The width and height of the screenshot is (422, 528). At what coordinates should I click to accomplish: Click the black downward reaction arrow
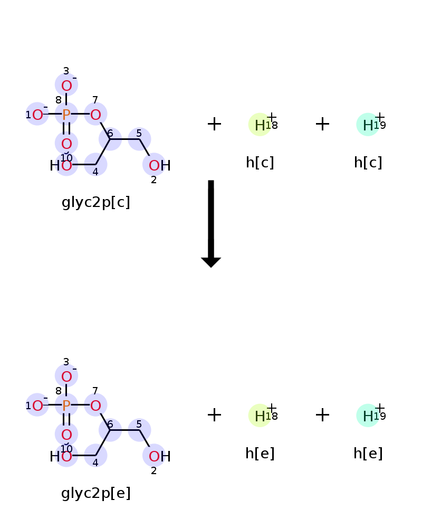(211, 223)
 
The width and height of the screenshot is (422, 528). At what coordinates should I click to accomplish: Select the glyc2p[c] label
(96, 202)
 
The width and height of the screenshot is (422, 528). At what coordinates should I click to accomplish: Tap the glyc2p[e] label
(96, 493)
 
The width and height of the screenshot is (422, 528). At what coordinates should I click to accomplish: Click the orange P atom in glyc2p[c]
(66, 115)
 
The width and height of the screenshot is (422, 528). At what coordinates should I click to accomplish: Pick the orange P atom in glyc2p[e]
(66, 406)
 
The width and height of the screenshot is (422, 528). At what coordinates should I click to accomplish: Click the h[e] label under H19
(368, 454)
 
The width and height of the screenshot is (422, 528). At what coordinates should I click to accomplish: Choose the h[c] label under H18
(260, 163)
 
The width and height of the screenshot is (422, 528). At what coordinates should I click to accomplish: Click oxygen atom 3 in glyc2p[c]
(66, 86)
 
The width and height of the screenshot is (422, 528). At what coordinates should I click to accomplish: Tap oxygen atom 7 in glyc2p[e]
(95, 406)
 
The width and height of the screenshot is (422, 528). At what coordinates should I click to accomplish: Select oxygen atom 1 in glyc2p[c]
(37, 115)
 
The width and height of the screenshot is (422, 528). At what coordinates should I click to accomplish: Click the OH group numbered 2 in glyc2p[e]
(159, 456)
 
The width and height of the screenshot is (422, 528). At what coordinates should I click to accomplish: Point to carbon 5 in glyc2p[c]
(139, 139)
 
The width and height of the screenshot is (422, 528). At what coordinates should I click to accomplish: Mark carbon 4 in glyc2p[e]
(95, 456)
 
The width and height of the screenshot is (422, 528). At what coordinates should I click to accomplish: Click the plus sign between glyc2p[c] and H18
(214, 124)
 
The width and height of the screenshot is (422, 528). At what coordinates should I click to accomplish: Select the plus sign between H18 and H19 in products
(322, 415)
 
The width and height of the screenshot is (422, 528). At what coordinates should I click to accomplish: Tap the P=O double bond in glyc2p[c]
(66, 129)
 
